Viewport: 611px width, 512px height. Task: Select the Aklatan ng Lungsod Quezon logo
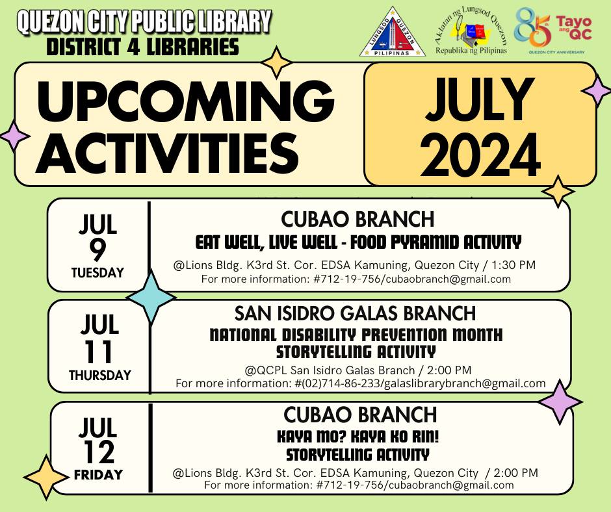(x=471, y=32)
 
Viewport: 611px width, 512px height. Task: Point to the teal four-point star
(x=150, y=297)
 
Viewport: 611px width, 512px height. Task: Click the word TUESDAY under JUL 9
(x=98, y=273)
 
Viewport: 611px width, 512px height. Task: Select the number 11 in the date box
(x=98, y=352)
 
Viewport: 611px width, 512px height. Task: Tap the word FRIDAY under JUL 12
(x=98, y=474)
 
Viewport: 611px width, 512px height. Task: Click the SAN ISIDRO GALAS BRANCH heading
(x=355, y=314)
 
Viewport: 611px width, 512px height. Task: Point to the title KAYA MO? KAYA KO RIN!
(x=358, y=437)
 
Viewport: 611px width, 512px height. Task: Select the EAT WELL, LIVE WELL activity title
(x=358, y=243)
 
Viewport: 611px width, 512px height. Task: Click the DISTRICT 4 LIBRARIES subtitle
(x=142, y=47)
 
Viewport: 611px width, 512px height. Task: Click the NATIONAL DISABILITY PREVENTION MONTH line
(x=356, y=335)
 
